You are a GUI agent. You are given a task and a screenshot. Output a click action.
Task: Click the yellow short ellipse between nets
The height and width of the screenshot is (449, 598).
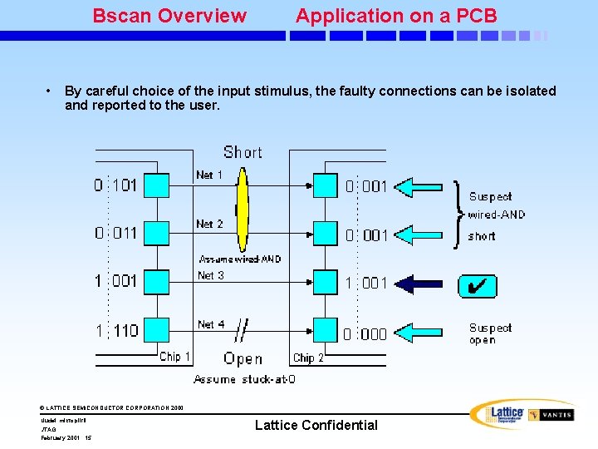pos(242,210)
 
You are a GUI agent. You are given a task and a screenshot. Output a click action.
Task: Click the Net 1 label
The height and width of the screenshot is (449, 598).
pos(209,175)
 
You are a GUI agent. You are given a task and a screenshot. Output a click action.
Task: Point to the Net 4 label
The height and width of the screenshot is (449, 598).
pos(211,324)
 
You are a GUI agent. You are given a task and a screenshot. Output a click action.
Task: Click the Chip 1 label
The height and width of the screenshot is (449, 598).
pos(175,357)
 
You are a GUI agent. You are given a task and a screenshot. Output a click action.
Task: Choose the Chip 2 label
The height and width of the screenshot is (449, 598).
pos(308,358)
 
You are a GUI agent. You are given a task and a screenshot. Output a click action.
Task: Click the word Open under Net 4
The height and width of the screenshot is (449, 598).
pos(243,359)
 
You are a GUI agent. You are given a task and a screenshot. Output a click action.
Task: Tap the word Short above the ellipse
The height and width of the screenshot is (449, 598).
pos(243,152)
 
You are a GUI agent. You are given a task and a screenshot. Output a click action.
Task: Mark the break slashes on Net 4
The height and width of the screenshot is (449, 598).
pos(241,329)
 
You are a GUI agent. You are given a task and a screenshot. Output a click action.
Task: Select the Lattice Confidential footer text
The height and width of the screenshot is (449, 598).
pos(316,425)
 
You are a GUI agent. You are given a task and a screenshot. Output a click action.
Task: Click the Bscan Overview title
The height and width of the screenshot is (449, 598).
pos(169,16)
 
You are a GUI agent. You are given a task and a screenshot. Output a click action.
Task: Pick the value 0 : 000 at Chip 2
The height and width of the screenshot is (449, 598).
pos(365,334)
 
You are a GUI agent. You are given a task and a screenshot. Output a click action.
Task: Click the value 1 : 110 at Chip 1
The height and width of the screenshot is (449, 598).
pos(117,331)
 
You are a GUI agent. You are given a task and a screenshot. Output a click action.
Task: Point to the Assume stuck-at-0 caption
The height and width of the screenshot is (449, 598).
pos(244,379)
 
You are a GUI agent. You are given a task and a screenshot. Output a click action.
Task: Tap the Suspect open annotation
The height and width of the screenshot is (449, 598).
pos(490,333)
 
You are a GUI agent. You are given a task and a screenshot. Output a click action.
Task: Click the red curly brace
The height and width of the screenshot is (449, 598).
pos(459,214)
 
